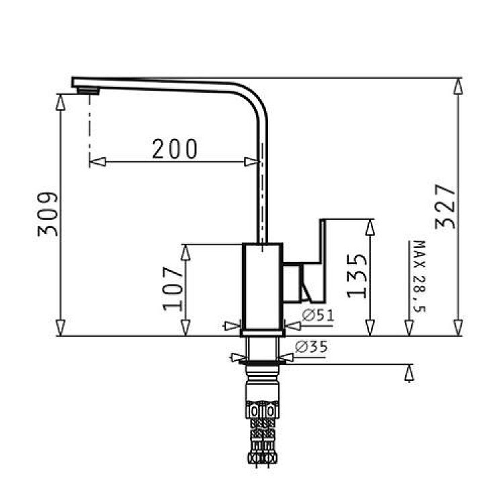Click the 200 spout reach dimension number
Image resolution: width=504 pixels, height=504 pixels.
tap(175, 149)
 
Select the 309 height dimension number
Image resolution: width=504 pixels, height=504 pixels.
tap(48, 214)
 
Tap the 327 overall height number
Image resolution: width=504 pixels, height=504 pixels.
tap(445, 206)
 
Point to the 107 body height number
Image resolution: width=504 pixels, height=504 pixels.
tap(173, 289)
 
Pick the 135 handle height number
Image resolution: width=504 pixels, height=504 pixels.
tap(357, 276)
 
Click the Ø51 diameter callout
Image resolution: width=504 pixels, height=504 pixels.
tap(319, 315)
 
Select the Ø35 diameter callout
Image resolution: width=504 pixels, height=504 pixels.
tap(311, 347)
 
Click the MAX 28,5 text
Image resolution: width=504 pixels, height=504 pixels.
tap(419, 276)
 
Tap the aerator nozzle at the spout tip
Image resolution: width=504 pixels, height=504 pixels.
tap(89, 91)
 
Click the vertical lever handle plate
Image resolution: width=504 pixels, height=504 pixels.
tap(323, 261)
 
